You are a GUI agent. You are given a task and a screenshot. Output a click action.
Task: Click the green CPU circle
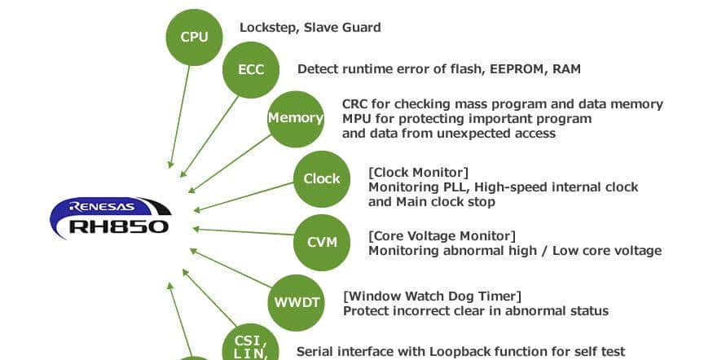click(194, 37)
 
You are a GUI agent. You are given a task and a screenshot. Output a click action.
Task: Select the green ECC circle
click(251, 69)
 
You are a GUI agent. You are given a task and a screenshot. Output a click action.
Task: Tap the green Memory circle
click(296, 118)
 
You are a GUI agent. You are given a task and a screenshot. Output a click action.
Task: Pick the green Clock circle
click(321, 179)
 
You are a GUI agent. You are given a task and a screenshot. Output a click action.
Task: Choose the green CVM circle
click(321, 242)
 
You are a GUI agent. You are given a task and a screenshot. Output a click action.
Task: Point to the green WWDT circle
click(296, 303)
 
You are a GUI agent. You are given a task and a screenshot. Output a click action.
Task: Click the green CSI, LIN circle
click(251, 345)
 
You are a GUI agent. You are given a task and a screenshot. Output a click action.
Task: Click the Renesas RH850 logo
click(110, 217)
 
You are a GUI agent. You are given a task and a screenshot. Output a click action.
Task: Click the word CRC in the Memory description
click(356, 104)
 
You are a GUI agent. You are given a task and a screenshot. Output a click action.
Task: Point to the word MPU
click(357, 119)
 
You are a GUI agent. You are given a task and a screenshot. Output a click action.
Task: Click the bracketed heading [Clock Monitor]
click(418, 172)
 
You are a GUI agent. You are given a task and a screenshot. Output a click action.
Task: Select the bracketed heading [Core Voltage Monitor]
click(442, 236)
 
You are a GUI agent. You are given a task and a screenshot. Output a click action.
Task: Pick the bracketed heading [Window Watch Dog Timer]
click(432, 296)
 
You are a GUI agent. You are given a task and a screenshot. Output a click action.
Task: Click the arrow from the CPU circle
click(180, 114)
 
